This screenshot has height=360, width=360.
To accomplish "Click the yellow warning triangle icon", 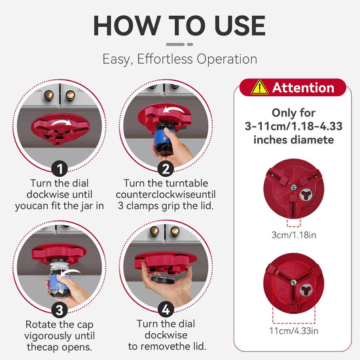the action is (260, 88).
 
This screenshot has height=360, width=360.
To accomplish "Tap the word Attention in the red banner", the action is (303, 88).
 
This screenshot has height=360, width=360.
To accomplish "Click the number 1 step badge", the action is (60, 169).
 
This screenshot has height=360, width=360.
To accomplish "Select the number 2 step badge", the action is (166, 169).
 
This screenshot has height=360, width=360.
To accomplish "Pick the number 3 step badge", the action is (60, 310).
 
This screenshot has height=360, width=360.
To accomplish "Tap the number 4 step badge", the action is (166, 310).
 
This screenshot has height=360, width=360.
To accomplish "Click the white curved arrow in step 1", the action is (62, 122).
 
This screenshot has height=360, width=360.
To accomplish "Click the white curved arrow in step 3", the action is (69, 272).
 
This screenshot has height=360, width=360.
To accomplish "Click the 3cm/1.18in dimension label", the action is (294, 235).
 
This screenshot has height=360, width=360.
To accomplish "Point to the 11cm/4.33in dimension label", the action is (294, 331).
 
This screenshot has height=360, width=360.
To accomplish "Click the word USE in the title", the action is (240, 26).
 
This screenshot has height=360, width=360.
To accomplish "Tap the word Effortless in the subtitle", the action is (165, 59).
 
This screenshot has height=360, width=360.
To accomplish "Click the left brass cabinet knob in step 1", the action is (49, 95).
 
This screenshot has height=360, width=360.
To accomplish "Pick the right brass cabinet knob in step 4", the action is (175, 231).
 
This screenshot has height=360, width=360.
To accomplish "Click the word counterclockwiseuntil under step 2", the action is (166, 194).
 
